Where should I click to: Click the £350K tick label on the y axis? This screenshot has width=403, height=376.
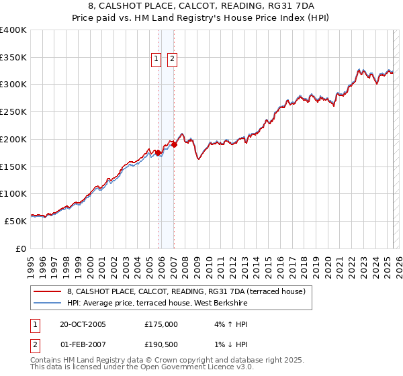pos(13,58)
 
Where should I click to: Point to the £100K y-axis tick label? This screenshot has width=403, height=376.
pos(13,193)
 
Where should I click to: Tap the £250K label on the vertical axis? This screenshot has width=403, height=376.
pos(13,112)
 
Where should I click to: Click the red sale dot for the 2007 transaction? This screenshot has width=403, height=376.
pos(174,144)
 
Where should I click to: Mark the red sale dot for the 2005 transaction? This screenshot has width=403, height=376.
pos(159,153)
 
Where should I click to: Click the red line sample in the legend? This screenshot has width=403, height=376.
pos(47,292)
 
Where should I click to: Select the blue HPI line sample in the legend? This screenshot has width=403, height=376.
pos(47,303)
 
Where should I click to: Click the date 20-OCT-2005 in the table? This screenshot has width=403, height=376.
pos(83,324)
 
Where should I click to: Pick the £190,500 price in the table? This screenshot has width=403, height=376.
pos(161,344)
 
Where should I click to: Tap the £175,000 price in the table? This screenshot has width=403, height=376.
pos(161,324)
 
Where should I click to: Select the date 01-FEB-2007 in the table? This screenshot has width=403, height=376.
pos(83,344)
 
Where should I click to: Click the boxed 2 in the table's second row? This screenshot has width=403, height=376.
pos(34,344)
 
